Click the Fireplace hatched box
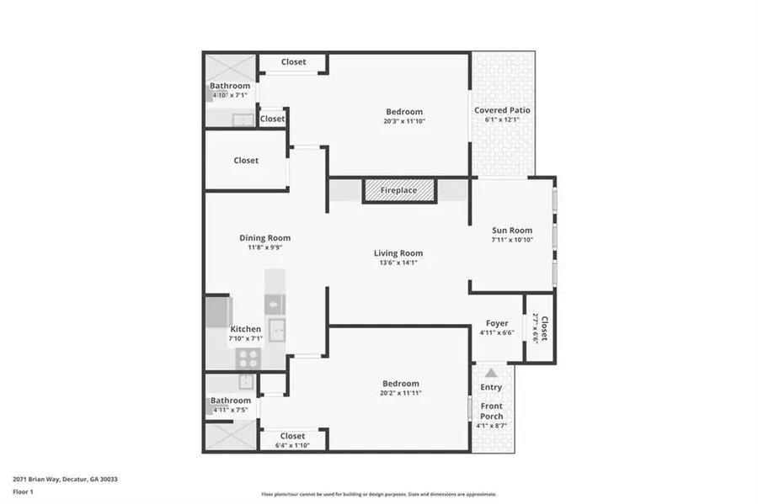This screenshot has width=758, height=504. [398, 191]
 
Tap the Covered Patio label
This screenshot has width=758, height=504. [502, 110]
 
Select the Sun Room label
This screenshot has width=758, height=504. [512, 231]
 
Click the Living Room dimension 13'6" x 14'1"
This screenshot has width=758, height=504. [398, 263]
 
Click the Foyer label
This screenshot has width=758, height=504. [497, 323]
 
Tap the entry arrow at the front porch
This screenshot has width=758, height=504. [491, 372]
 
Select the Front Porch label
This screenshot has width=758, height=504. [491, 411]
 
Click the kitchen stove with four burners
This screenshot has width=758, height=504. [248, 358]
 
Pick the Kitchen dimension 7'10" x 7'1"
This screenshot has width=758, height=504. [246, 338]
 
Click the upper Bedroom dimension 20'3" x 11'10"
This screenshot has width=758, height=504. [404, 121]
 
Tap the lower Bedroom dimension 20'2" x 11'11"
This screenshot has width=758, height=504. [400, 393]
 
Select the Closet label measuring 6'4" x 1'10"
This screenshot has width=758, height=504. [292, 444]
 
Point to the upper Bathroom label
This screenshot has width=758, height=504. [230, 86]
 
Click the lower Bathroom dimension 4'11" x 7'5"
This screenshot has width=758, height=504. [231, 410]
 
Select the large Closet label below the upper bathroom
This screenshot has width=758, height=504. [246, 161]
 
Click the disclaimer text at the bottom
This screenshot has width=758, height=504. [378, 494]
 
